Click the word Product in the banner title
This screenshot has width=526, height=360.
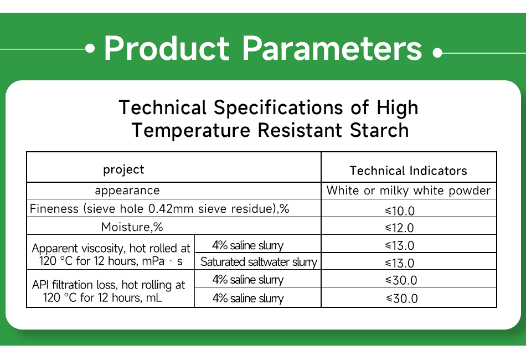point(166,49)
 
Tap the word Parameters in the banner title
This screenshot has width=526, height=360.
point(333,49)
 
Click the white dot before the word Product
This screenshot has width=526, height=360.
point(90,49)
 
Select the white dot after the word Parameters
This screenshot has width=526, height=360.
point(437,54)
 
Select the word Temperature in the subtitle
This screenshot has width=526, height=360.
point(190,130)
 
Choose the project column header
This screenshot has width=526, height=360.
point(123,169)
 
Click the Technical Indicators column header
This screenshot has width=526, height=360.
point(409,171)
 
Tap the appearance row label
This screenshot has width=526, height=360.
point(127,191)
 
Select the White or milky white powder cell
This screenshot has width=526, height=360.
point(409,191)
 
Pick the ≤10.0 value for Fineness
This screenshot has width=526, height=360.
point(400,210)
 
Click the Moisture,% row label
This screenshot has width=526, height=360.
point(132,227)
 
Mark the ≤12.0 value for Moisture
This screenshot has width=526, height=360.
point(400,228)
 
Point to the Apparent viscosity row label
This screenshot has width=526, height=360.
point(111,254)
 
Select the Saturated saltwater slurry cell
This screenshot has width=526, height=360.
point(259,262)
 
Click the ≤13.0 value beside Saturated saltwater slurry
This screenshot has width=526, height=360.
point(400,263)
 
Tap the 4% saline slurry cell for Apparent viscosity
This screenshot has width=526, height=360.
point(247,245)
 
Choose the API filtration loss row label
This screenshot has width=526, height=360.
point(109,291)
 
